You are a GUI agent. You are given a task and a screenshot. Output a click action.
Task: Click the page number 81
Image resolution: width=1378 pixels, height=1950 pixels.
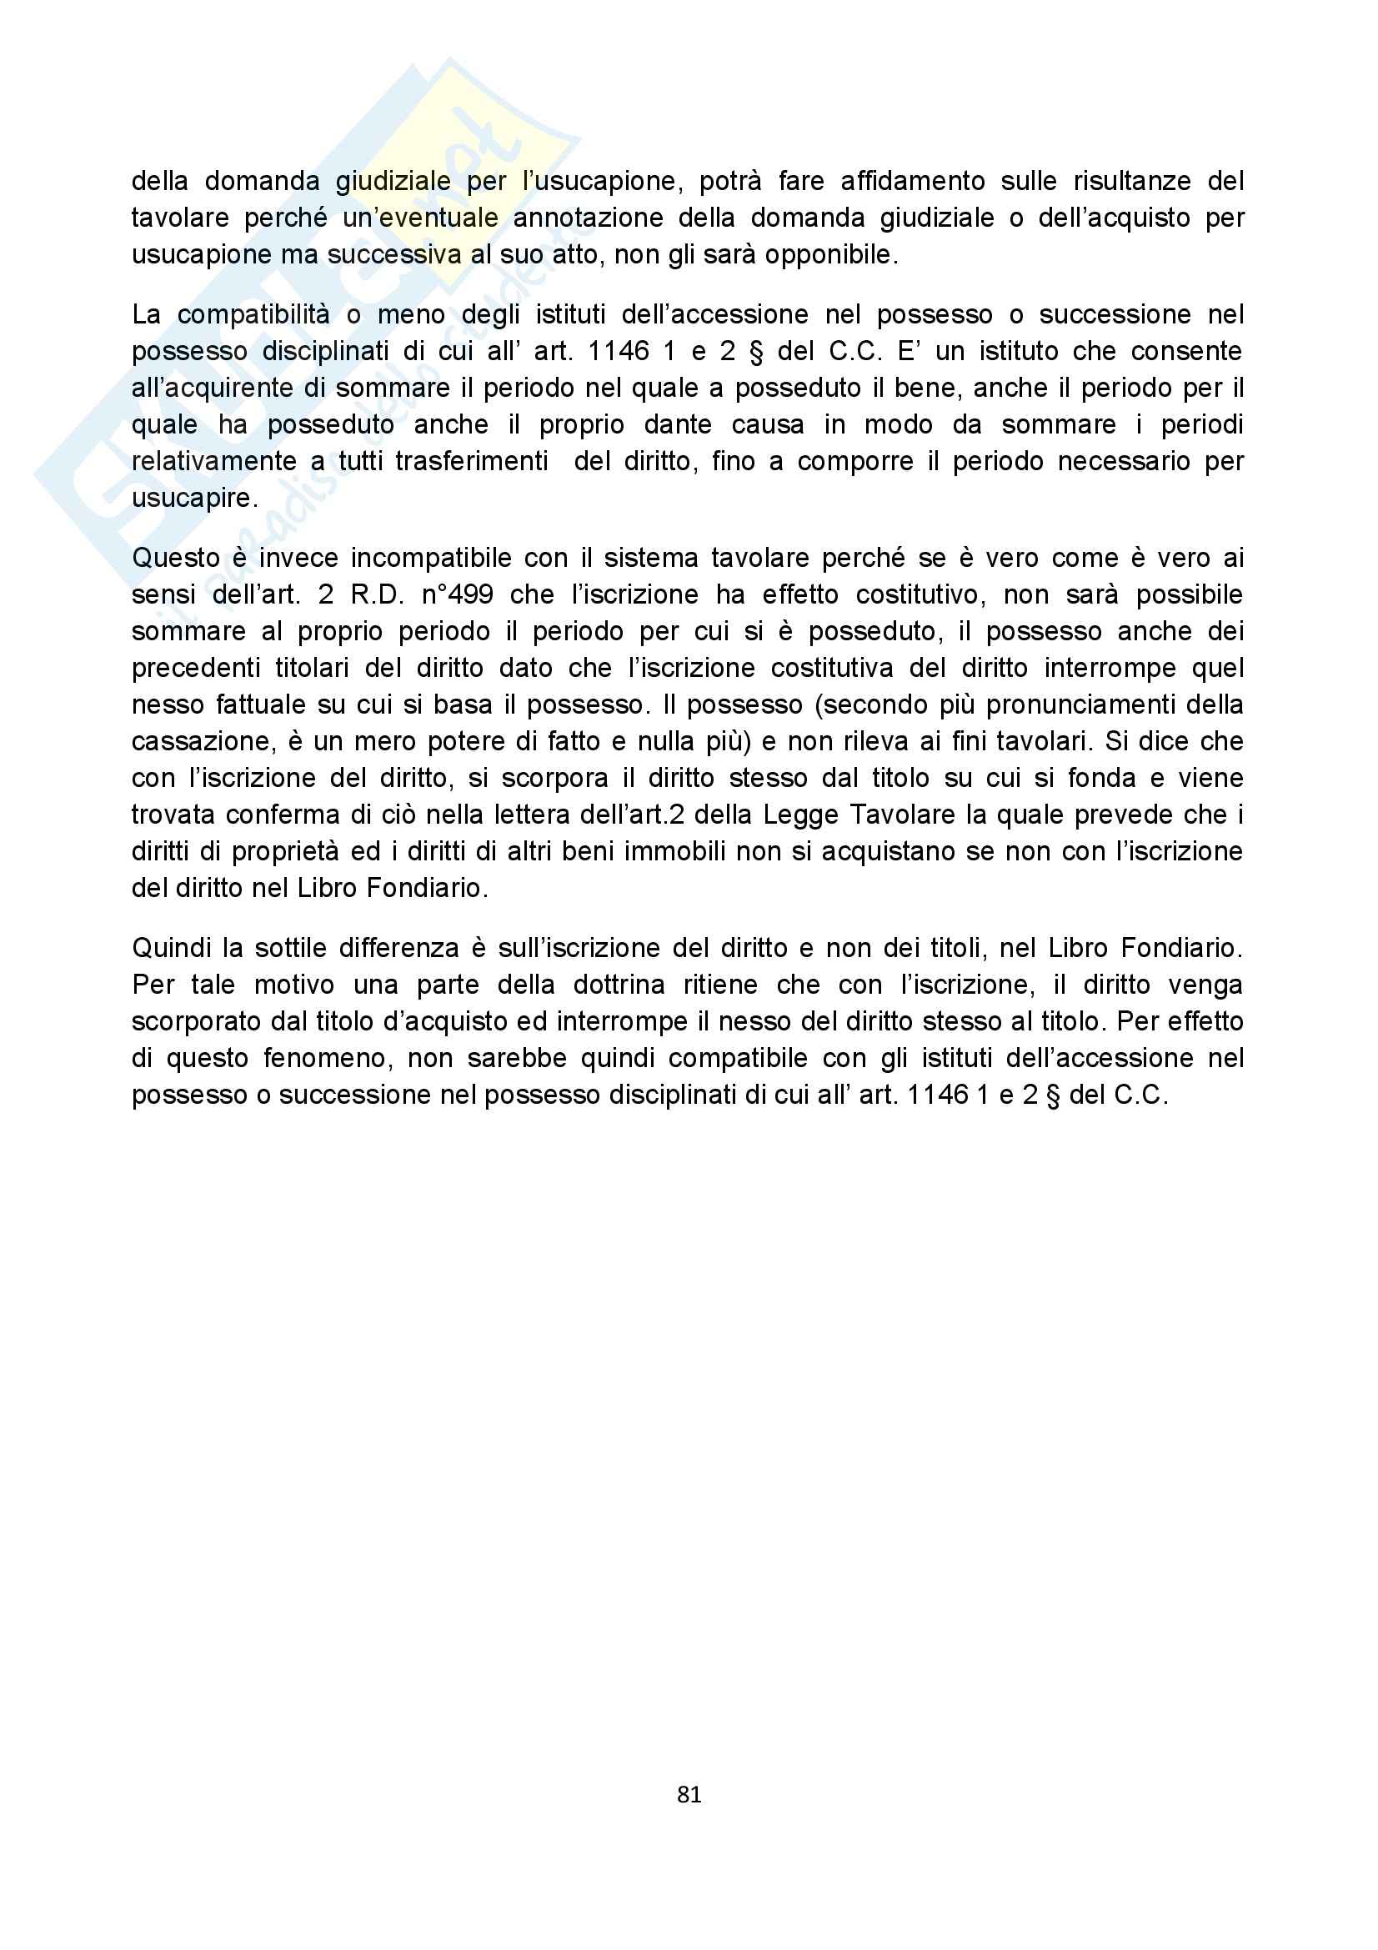689,1794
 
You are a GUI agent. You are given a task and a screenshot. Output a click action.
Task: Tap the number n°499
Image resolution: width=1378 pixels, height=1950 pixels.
457,594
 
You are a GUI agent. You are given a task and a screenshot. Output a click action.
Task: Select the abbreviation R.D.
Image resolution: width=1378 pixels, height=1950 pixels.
376,594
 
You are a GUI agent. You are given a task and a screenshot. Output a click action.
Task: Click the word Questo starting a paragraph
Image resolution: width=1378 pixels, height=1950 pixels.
176,558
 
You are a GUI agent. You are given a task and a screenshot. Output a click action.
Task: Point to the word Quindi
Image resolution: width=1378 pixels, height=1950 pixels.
168,948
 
